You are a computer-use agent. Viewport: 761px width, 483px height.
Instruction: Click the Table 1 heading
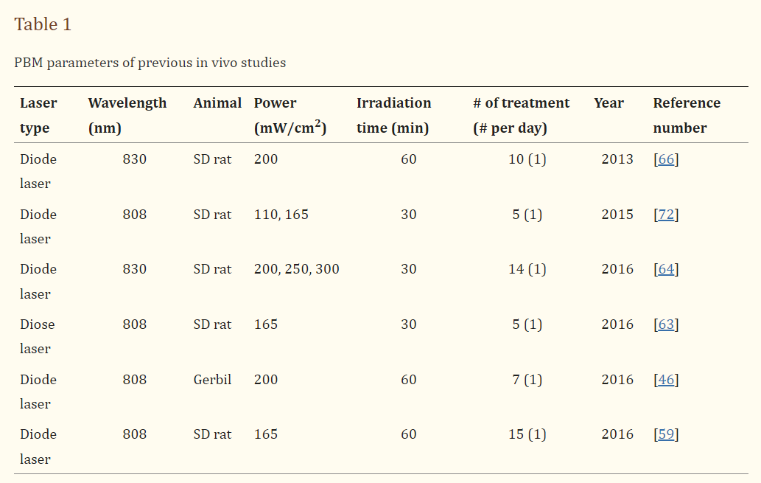tap(43, 24)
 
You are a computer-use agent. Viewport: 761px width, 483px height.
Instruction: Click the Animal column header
tap(217, 103)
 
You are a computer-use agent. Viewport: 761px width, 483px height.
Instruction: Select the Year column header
tap(609, 103)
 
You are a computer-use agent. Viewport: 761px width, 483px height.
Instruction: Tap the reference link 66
tap(666, 159)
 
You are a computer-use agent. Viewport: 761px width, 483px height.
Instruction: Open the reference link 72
tap(666, 215)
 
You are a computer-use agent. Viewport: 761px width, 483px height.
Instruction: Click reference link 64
tap(666, 269)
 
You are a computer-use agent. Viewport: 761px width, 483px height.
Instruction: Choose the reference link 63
tap(666, 324)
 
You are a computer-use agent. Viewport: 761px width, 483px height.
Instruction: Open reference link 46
tap(666, 380)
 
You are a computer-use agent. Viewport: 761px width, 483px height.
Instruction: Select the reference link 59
tap(666, 434)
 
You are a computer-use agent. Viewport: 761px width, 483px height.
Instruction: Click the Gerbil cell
tap(212, 380)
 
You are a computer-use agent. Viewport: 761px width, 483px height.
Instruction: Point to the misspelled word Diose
tap(38, 324)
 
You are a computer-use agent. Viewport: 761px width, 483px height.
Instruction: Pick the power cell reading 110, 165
tap(281, 215)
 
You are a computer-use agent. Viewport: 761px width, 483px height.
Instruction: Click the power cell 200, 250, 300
tap(296, 269)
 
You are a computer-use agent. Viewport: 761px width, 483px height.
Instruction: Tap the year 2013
tap(617, 159)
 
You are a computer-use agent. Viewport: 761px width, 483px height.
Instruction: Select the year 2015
tap(617, 215)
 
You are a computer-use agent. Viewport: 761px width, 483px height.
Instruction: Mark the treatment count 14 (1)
tap(527, 269)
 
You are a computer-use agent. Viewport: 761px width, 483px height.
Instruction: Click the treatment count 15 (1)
tap(527, 434)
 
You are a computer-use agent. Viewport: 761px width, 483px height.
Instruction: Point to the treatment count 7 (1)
tap(527, 380)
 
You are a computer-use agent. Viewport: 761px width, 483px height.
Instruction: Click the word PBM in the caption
tap(28, 63)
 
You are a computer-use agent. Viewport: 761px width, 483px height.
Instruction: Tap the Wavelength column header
tap(127, 103)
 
